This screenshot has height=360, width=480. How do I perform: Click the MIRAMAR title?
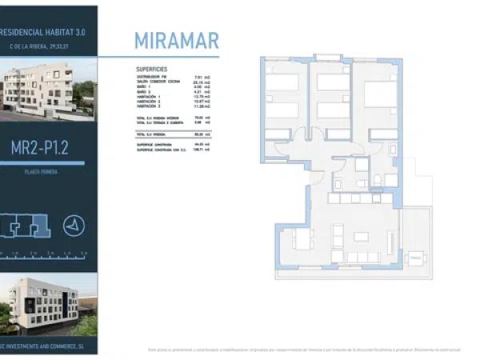point(176,41)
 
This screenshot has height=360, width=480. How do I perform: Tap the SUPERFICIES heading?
point(152,70)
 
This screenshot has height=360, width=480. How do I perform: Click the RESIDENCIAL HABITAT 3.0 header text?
point(46,33)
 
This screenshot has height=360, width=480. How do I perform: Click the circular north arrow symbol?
point(74,226)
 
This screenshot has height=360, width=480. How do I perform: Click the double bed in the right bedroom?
point(379,97)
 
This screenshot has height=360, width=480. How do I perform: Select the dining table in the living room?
point(303,238)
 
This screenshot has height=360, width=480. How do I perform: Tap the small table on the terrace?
point(415,260)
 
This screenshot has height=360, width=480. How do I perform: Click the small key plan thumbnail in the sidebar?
point(24,226)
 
